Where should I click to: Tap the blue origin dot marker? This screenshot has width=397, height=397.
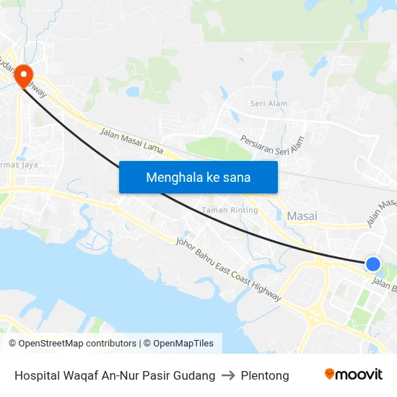[372, 264]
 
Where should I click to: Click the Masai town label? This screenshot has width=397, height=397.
[302, 216]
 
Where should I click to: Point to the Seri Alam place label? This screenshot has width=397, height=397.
[269, 103]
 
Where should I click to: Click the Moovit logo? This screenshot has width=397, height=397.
[354, 374]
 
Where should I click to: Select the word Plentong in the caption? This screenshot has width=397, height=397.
[266, 375]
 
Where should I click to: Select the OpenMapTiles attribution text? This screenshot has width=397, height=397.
[182, 344]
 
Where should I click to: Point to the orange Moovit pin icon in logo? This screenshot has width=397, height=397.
[329, 374]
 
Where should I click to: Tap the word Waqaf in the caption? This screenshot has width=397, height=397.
[83, 375]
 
